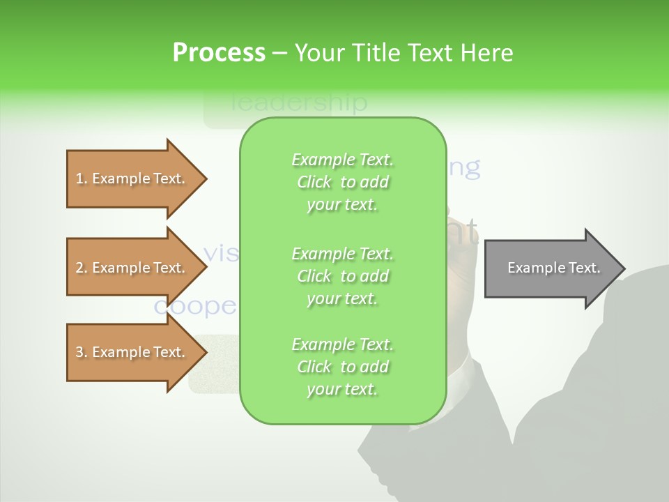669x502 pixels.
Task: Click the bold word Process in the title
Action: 219,53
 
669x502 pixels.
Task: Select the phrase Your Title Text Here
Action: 404,53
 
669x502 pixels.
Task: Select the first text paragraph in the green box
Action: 342,182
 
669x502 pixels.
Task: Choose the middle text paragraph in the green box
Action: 342,276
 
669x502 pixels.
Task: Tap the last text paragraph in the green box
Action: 342,367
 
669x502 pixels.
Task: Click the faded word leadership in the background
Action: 298,103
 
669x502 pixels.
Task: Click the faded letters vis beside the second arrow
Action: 222,252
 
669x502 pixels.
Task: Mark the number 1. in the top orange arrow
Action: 82,178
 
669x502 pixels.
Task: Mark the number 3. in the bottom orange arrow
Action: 82,352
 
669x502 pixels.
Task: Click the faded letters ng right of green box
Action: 464,167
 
